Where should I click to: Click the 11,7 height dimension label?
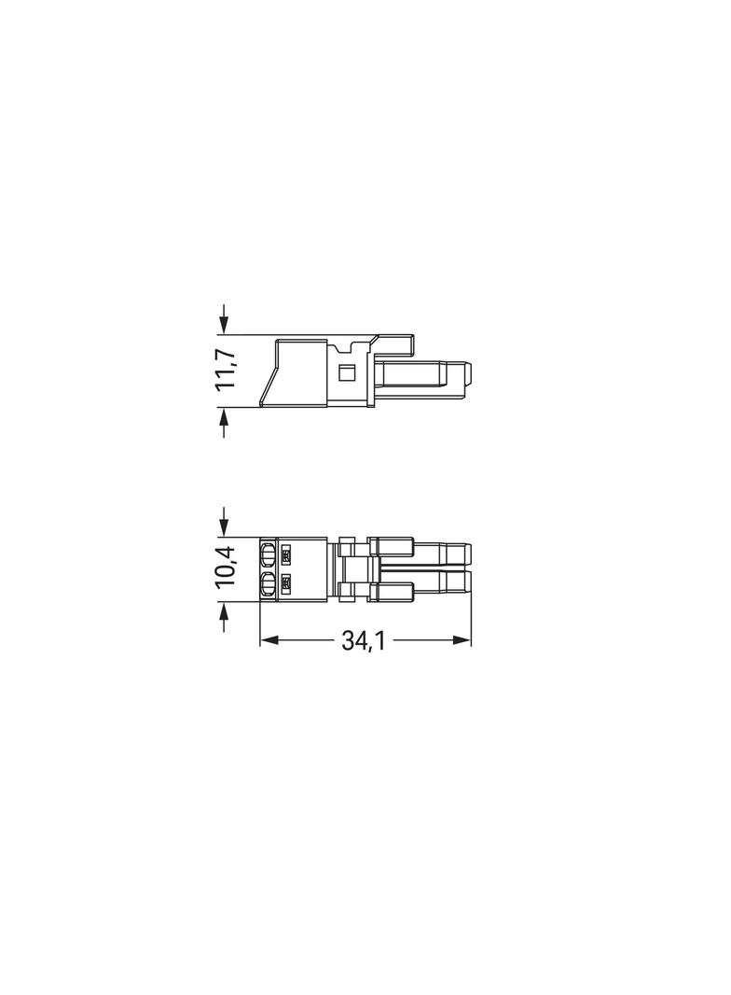(x=226, y=370)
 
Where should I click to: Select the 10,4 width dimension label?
(x=226, y=566)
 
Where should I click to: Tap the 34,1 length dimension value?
(x=364, y=641)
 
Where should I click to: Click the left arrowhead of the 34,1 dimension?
(x=269, y=641)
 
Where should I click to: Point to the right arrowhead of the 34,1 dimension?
(x=462, y=641)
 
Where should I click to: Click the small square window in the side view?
(x=346, y=372)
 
